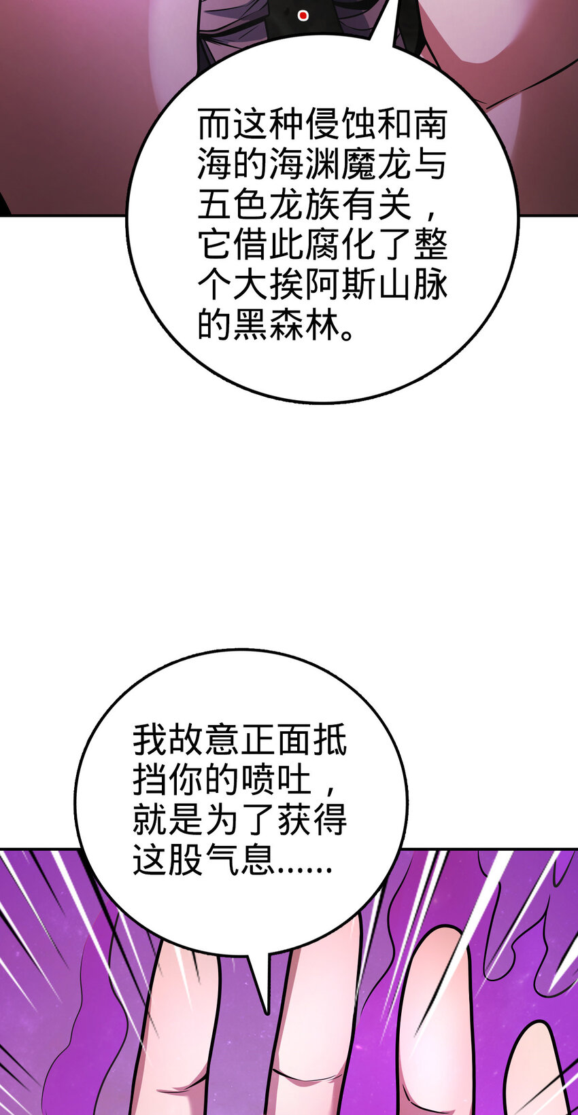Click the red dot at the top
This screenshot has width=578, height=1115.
pos(303,16)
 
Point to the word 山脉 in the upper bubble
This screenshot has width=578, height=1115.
pos(412,285)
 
